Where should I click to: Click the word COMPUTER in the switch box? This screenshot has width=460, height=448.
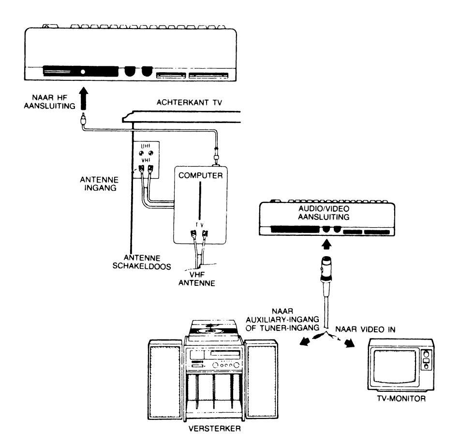199,176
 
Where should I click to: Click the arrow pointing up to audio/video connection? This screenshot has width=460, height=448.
326,244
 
